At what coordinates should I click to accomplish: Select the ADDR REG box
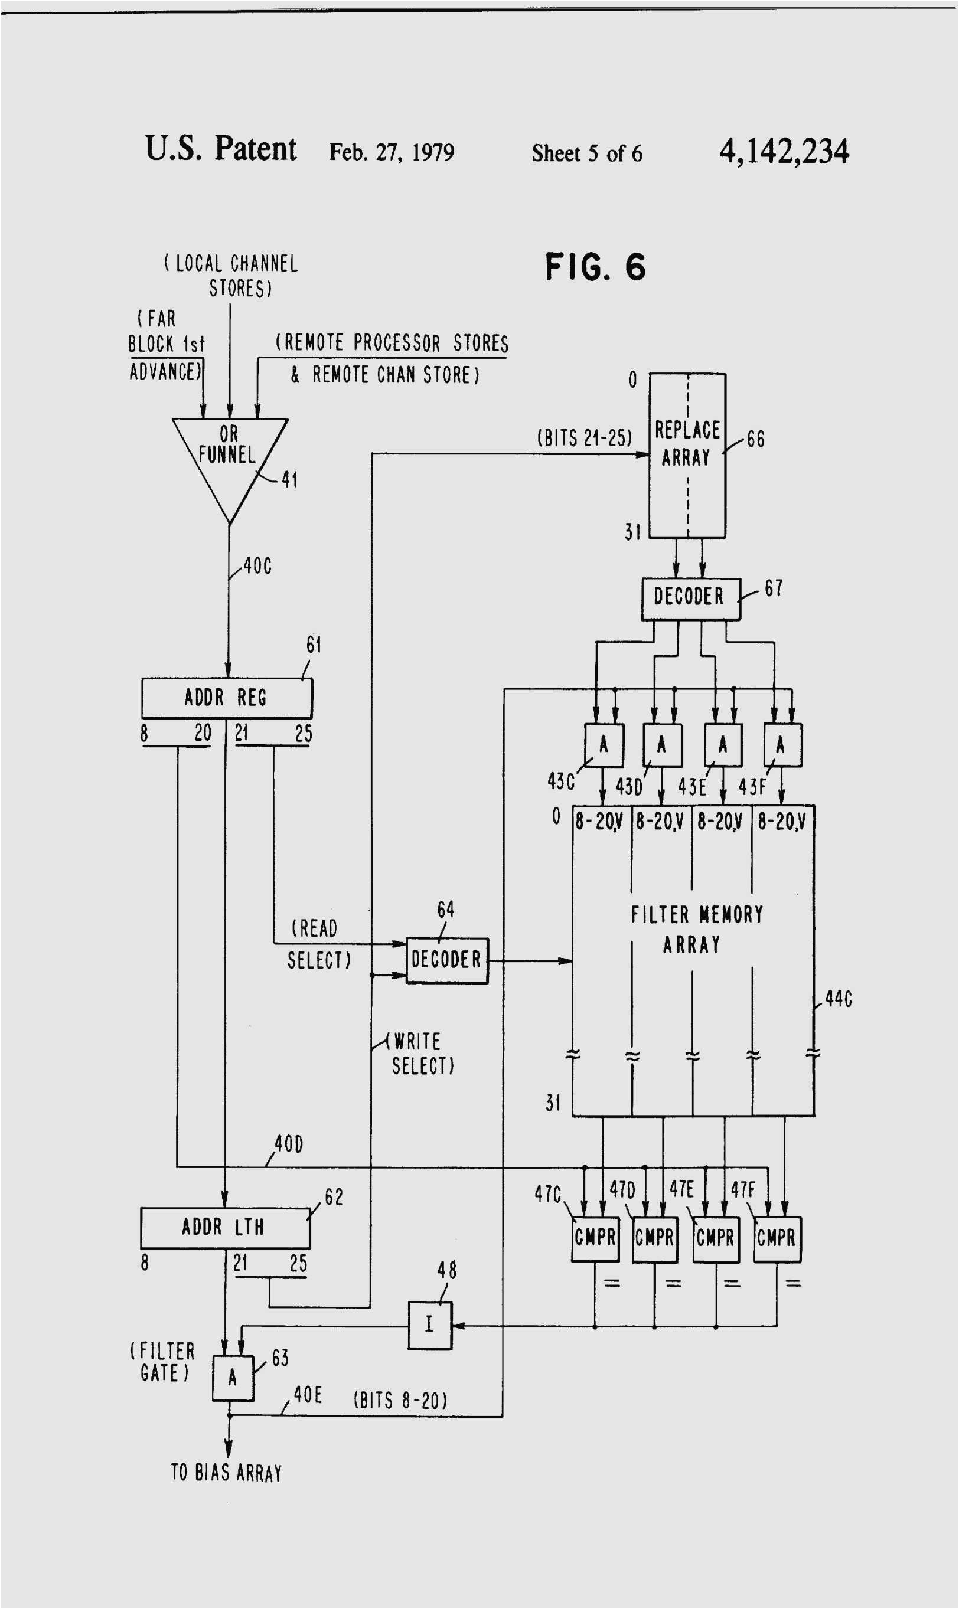click(x=226, y=698)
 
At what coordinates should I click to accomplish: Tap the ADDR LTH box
click(x=224, y=1227)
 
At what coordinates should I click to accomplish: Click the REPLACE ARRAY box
click(x=687, y=456)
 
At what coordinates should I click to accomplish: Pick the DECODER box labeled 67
click(x=690, y=598)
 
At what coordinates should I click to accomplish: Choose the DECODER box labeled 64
click(x=446, y=960)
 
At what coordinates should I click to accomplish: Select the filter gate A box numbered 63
click(x=233, y=1378)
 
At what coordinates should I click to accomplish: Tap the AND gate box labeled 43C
click(x=604, y=745)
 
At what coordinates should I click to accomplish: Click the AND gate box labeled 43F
click(x=782, y=745)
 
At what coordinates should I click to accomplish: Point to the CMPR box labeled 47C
click(x=595, y=1239)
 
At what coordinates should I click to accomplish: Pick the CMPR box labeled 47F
click(x=777, y=1239)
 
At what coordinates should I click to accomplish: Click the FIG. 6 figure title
click(x=595, y=267)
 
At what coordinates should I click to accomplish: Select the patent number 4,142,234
click(x=784, y=151)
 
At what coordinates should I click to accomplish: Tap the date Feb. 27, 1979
click(x=392, y=152)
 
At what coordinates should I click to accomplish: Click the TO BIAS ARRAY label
click(x=226, y=1472)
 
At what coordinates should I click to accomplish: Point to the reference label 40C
click(x=257, y=566)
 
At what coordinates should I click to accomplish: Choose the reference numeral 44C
click(x=838, y=999)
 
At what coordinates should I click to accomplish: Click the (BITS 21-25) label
click(x=584, y=438)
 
